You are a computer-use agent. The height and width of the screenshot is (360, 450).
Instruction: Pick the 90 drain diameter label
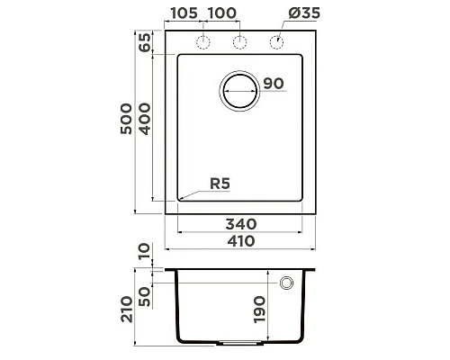click(x=274, y=84)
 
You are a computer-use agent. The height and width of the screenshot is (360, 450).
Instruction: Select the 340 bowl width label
click(x=241, y=222)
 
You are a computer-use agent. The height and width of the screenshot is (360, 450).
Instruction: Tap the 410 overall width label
click(x=241, y=240)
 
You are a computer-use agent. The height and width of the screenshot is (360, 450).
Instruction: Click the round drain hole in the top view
click(x=240, y=90)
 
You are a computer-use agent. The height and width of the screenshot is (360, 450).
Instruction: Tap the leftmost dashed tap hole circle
click(x=203, y=42)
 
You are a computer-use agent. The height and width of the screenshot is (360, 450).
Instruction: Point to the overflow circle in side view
click(x=287, y=283)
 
